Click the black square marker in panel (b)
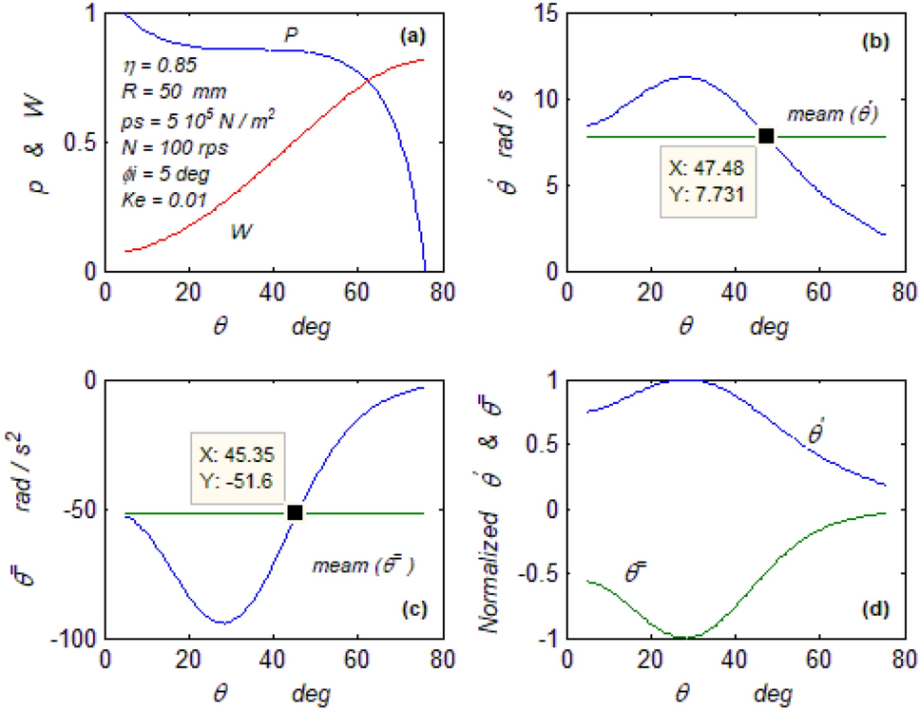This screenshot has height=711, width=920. pyautogui.click(x=766, y=136)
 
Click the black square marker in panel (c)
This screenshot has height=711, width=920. pyautogui.click(x=295, y=512)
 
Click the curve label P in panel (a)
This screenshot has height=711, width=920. pyautogui.click(x=293, y=35)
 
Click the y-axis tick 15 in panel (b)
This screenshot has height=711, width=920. pyautogui.click(x=543, y=14)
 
